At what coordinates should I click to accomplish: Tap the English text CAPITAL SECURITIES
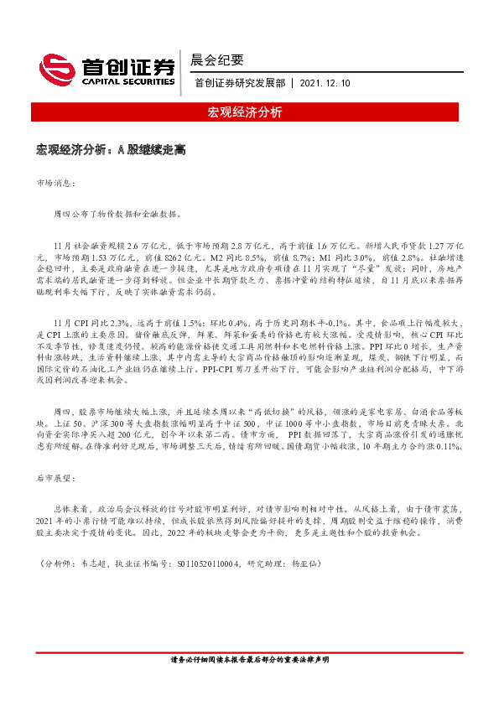128,82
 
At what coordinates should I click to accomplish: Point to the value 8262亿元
201,258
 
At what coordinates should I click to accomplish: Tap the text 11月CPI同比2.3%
88,322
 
